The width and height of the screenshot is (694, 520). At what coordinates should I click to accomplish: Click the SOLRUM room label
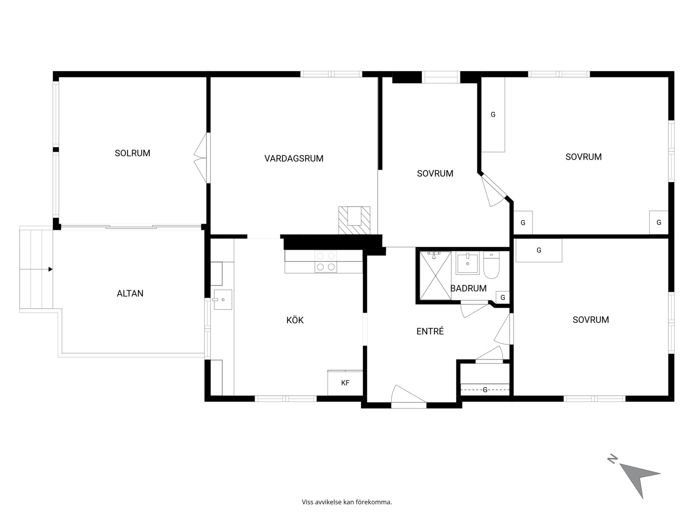(x=132, y=153)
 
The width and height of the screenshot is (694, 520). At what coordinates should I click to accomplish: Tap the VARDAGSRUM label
(x=294, y=159)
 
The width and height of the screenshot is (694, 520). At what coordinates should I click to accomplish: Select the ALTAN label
(x=130, y=294)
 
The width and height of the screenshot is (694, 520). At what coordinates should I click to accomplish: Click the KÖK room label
(x=295, y=320)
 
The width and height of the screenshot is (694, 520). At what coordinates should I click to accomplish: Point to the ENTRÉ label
(x=430, y=331)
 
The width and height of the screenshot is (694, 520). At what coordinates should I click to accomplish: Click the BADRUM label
(x=468, y=288)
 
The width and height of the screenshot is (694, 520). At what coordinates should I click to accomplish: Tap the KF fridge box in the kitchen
(x=345, y=383)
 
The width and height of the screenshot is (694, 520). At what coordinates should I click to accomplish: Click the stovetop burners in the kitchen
(x=326, y=261)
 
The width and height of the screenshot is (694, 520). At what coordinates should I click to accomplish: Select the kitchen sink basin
(x=223, y=299)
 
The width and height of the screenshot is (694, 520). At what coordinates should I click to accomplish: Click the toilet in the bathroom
(x=491, y=265)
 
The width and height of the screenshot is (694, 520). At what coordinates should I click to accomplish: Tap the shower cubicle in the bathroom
(x=436, y=276)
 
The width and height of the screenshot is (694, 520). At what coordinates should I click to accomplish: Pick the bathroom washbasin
(x=468, y=263)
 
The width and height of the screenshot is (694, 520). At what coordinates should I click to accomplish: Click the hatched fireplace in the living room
(x=354, y=220)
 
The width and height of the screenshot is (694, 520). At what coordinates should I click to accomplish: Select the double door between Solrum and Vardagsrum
(x=202, y=158)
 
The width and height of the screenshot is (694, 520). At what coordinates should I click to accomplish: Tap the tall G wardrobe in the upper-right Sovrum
(x=493, y=114)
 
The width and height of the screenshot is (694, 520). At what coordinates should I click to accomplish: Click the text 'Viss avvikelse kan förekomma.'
(x=347, y=502)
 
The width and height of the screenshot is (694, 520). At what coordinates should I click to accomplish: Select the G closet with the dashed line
(x=485, y=390)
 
